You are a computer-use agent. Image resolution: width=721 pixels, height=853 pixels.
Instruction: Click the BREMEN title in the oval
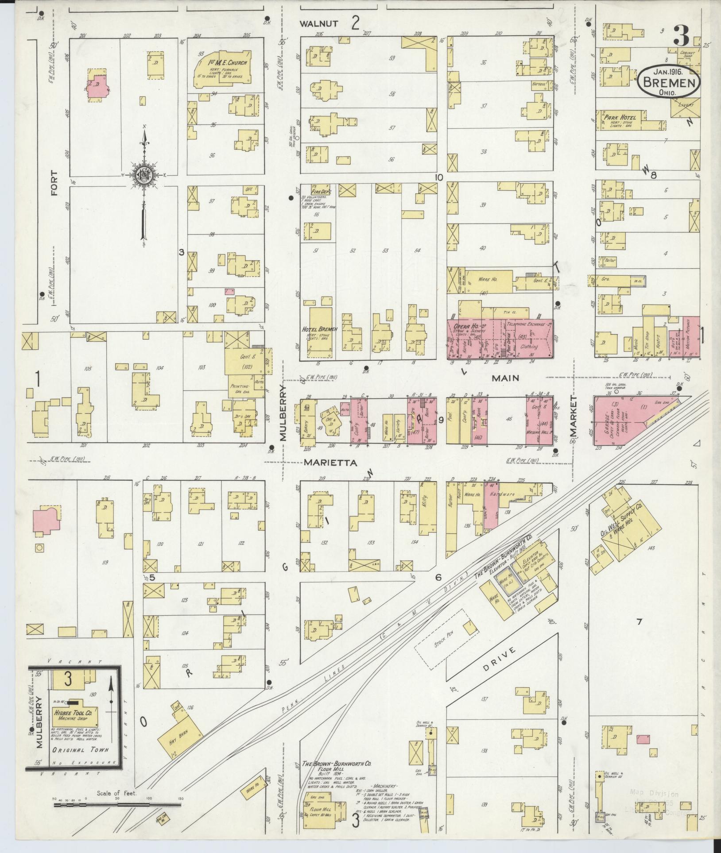click(x=669, y=82)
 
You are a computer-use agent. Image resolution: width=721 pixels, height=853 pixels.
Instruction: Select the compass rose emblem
click(x=145, y=174)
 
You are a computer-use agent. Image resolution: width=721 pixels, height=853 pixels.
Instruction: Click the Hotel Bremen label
click(x=319, y=329)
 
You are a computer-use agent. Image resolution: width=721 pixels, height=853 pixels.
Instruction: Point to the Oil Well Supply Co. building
click(x=629, y=530)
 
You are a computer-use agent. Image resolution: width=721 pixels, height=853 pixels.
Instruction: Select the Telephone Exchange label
click(x=529, y=324)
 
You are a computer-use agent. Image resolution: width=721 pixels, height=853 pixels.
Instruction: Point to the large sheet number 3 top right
click(x=681, y=36)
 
